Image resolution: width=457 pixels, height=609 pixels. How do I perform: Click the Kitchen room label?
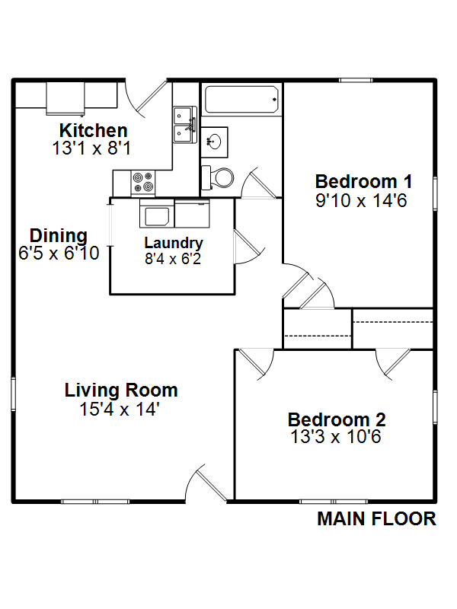coord(93,130)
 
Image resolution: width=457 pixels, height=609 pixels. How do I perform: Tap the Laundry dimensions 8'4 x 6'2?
coord(173,259)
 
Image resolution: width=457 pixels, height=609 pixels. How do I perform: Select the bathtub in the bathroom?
coord(241,100)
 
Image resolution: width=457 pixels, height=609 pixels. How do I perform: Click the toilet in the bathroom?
coord(217,178)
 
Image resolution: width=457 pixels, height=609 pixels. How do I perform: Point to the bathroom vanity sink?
coord(214,142)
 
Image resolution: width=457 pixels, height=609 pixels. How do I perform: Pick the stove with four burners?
coord(143,183)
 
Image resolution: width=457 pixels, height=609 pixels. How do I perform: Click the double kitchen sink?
coord(185,125)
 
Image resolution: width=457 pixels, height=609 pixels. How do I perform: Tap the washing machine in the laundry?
coord(157,214)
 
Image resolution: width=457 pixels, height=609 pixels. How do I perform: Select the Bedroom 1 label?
coord(363,182)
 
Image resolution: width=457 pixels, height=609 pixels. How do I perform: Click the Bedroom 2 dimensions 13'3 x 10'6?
coord(336,437)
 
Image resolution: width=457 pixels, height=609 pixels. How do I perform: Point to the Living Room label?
coord(121,391)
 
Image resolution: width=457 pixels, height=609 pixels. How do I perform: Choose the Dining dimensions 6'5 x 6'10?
coord(59,253)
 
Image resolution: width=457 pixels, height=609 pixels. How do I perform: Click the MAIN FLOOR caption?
coord(376,519)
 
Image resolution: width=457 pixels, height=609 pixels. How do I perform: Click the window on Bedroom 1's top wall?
coord(356,81)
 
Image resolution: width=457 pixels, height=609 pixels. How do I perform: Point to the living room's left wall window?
coord(13,394)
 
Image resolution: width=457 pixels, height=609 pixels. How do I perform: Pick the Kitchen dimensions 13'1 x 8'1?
coord(91,148)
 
